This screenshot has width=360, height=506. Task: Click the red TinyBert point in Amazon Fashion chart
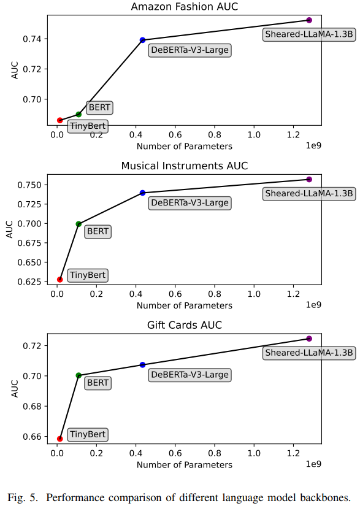point(59,120)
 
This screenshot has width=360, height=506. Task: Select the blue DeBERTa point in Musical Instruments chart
point(142,193)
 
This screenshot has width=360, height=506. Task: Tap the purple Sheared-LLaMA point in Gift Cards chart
point(309,339)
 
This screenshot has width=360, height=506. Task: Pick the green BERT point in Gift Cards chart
point(79,375)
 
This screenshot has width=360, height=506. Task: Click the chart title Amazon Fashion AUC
point(185,7)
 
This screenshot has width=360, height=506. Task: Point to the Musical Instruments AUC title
point(185,166)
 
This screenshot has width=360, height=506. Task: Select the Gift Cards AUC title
point(185,325)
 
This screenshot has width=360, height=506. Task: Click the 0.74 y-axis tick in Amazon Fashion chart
point(33,39)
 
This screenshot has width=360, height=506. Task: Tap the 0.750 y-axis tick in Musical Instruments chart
point(29,185)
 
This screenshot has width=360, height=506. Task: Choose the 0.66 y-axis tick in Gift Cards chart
point(33,437)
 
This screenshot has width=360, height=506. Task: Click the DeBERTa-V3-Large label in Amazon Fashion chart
point(190,50)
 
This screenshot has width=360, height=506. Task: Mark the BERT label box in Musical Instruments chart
point(98,231)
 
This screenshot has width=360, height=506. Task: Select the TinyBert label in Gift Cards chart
point(88,434)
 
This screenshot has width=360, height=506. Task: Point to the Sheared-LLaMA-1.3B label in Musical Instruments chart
point(309,194)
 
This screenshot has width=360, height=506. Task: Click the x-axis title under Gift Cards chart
point(185,465)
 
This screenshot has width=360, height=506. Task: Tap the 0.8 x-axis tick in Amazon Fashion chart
point(215,134)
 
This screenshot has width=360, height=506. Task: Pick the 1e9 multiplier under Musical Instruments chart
point(313,305)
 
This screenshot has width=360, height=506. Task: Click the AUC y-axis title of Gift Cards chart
point(15,388)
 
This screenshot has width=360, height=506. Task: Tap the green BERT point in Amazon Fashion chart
point(79,114)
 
